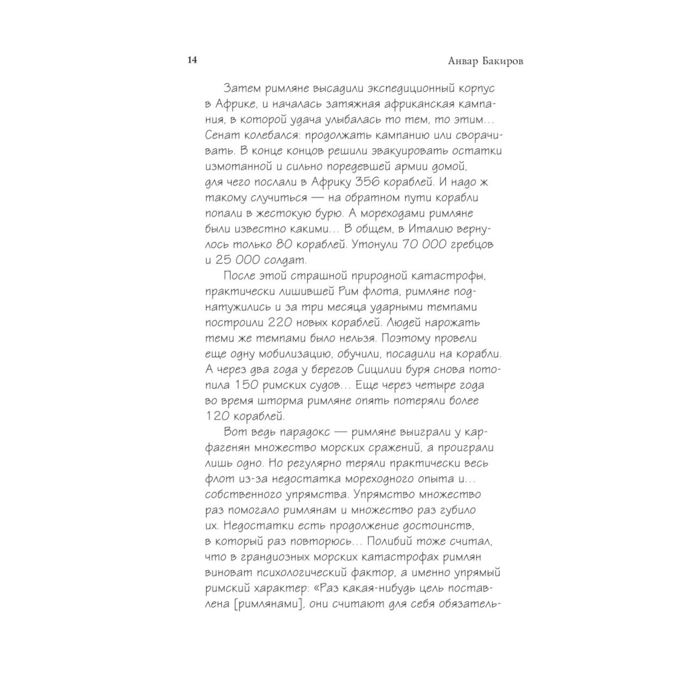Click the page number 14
click(x=192, y=60)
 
